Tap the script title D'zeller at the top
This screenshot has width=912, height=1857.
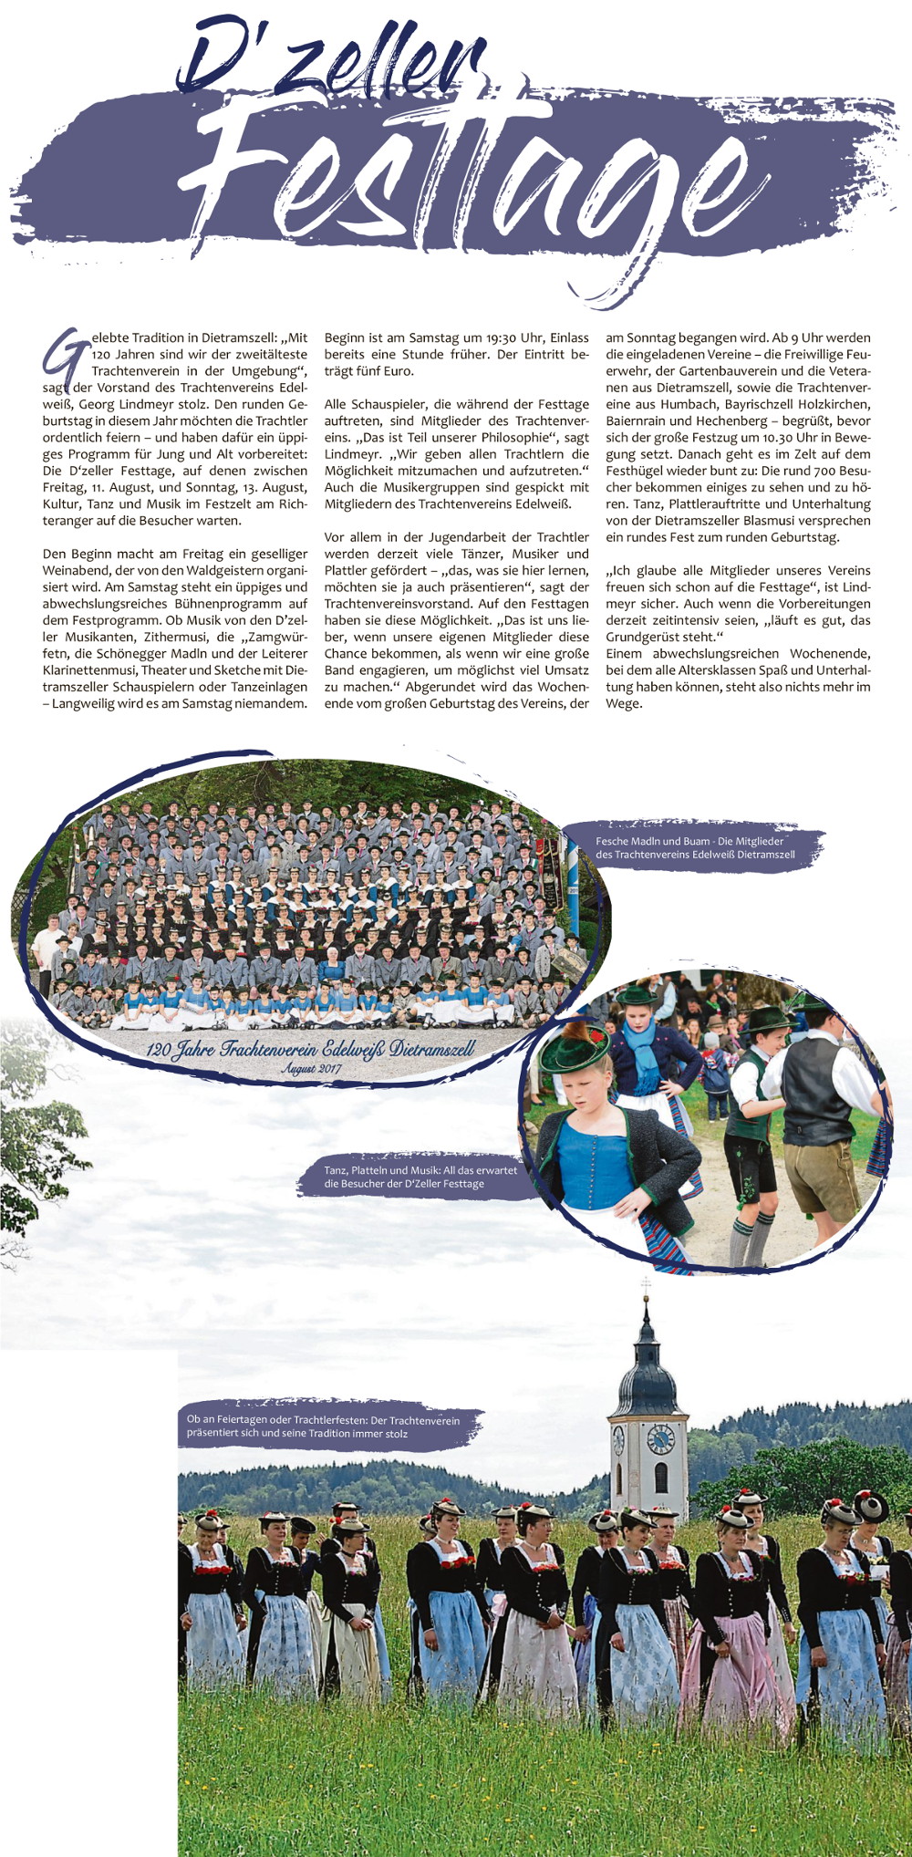click(333, 59)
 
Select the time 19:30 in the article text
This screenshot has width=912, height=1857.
click(502, 337)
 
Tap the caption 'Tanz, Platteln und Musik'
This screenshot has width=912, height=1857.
click(420, 1177)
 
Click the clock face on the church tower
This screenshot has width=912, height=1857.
click(660, 1439)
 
